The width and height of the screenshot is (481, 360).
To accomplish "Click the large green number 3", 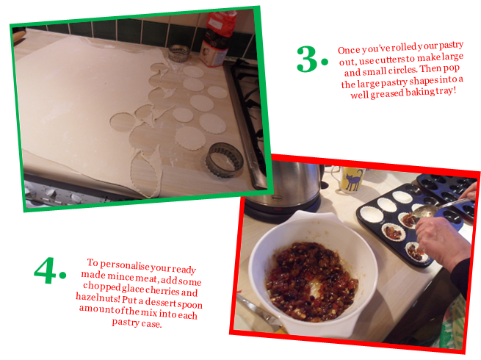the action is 307,60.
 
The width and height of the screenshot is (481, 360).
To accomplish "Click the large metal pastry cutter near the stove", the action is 224,160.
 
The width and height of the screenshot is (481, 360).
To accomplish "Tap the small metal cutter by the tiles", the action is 179,53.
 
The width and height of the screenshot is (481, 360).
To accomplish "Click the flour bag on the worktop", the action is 217,39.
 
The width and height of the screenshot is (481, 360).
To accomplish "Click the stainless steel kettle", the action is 285,188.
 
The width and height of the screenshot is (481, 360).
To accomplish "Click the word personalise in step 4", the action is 126,265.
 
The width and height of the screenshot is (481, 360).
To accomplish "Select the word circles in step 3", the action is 402,70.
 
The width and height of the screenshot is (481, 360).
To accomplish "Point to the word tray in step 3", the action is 446,91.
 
